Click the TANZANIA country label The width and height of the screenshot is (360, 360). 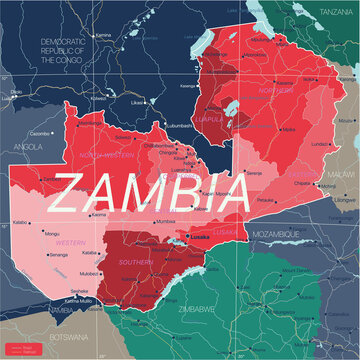334,13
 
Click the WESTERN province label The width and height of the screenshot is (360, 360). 69,241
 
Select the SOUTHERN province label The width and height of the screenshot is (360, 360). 135,262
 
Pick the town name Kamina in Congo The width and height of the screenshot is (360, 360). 104,34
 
